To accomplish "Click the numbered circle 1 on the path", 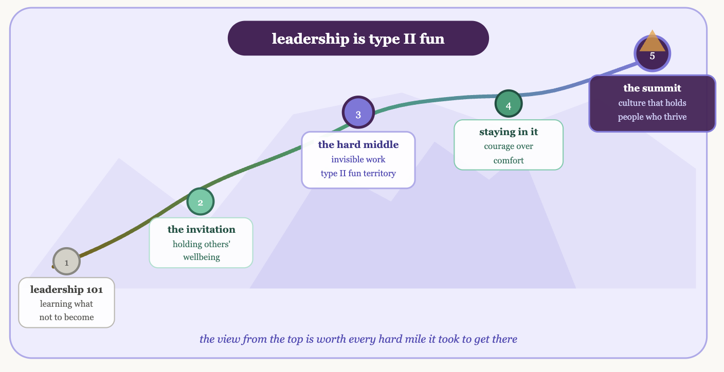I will pos(66,262).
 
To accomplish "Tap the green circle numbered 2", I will pos(200,202).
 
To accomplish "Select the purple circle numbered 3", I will pos(358,114).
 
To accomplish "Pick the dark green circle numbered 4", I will pos(509,105).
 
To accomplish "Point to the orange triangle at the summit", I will pos(652,43).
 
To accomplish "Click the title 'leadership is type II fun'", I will pos(358,39).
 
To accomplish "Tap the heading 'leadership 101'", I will pos(66,290).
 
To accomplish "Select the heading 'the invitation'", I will pos(201,230).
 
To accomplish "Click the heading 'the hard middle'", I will pos(358,145).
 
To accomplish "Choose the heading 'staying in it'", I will pos(509,132).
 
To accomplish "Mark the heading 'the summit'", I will pos(652,88).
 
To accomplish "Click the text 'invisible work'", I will pos(358,159).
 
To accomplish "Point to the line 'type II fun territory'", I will pos(358,173).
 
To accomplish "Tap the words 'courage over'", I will pos(509,146).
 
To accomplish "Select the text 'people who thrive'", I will pos(652,117).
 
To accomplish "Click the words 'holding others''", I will pos(201,244).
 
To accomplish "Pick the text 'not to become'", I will pos(66,317).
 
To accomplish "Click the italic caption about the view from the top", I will pos(358,339).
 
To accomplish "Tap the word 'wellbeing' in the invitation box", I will pos(201,257).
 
